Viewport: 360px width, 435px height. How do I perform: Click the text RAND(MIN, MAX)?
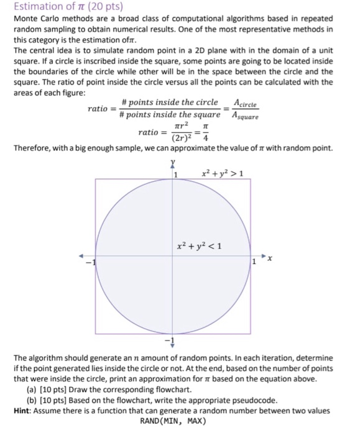click(173, 421)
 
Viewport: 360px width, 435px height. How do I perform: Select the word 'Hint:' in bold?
click(25, 410)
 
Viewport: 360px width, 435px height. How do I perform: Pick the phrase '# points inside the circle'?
click(170, 103)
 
